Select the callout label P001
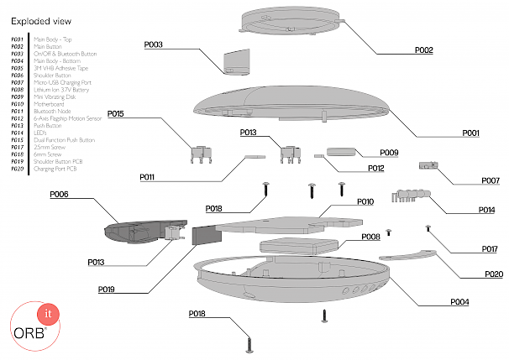(x=470, y=133)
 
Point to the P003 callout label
(x=153, y=44)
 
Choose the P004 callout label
(x=459, y=301)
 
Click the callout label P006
(x=59, y=195)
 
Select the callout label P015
(x=116, y=113)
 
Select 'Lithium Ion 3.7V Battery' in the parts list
(x=60, y=91)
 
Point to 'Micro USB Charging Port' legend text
(x=60, y=84)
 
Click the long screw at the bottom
(x=249, y=341)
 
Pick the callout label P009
(x=388, y=152)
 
